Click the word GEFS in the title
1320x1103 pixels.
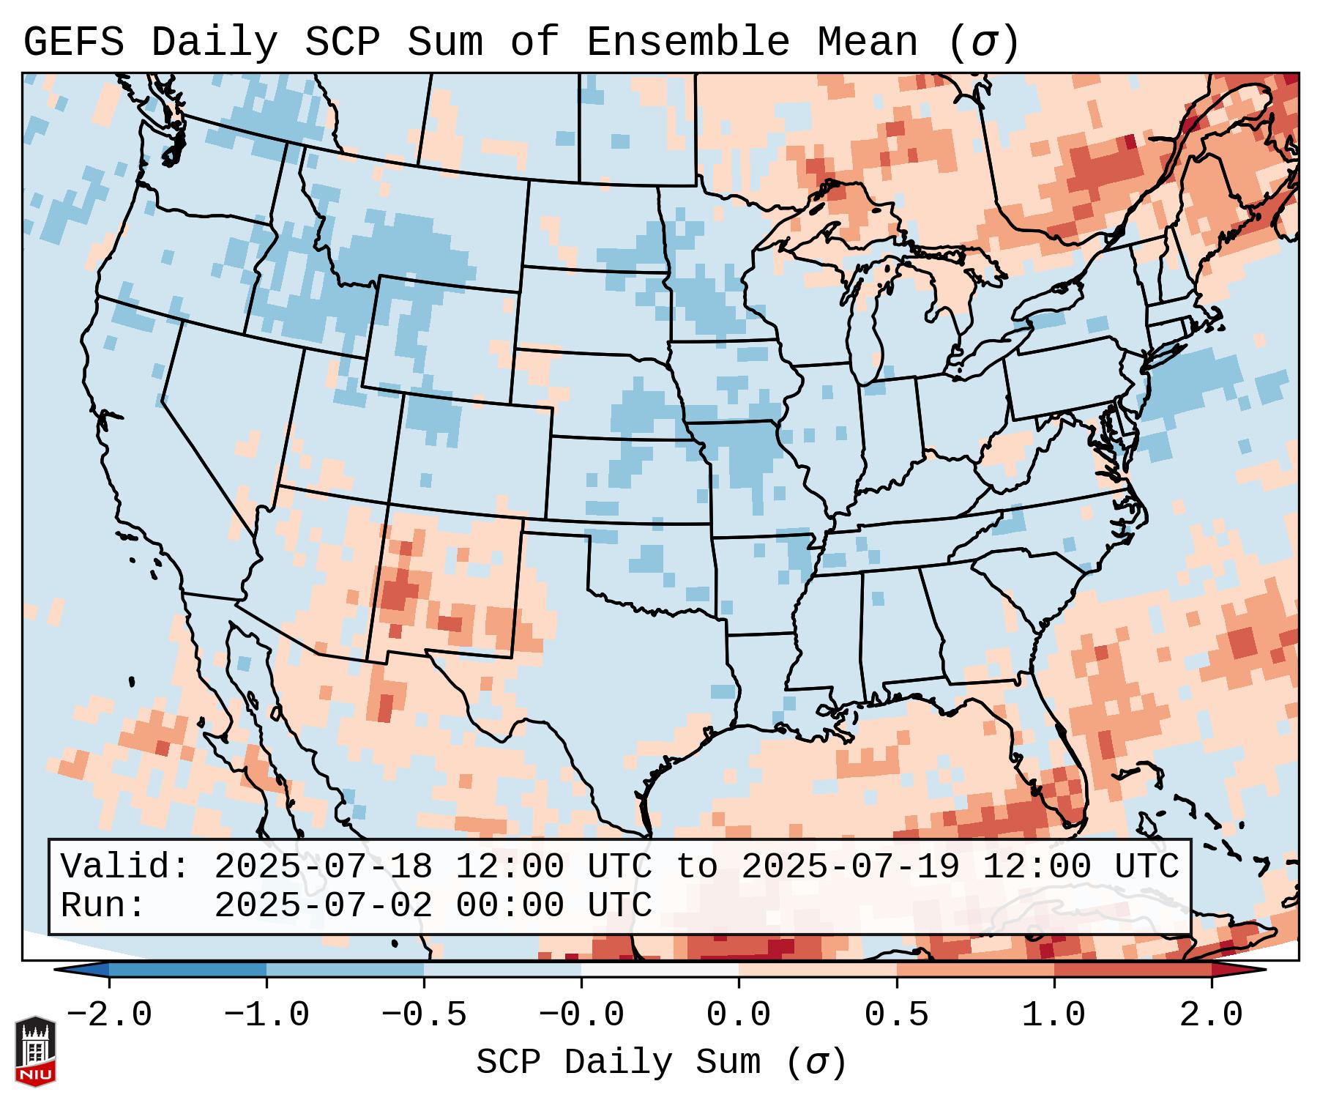pos(73,42)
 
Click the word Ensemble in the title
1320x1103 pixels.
pos(688,42)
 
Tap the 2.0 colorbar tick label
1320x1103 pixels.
pos(1212,1015)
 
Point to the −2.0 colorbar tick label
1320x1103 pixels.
pos(109,1015)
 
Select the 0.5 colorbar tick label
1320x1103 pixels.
pos(896,1015)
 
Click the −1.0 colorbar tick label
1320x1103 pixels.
pos(266,1015)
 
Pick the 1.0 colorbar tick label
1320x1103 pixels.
pos(1054,1015)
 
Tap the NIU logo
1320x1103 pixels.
pos(35,1050)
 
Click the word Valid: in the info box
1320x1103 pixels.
pos(125,866)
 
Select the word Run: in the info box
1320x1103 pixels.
pos(103,905)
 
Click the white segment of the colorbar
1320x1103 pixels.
pos(660,970)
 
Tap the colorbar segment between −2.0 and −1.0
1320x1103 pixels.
pos(187,970)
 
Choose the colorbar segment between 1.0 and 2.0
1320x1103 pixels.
pos(1133,970)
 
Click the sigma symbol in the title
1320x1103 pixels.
pos(982,42)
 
